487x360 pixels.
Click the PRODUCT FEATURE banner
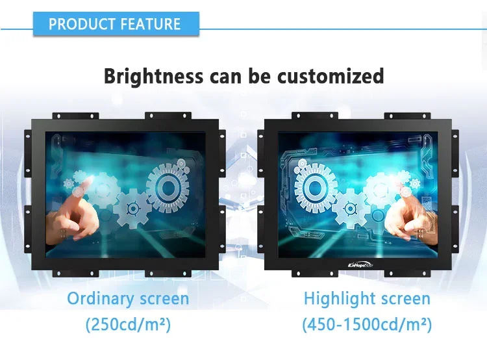115,25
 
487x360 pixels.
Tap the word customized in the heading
331,76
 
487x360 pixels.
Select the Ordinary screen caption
128,299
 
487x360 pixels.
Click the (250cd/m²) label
128,324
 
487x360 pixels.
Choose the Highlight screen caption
367,299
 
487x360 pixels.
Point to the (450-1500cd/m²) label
367,324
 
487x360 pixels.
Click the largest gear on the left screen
168,186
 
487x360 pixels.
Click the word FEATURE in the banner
148,25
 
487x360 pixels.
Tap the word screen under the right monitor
405,299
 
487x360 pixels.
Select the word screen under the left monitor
164,299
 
